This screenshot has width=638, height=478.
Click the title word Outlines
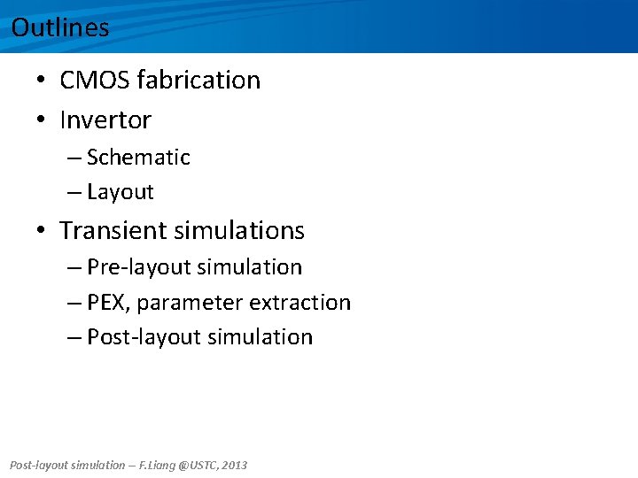coord(60,27)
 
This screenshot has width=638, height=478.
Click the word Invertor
coord(105,119)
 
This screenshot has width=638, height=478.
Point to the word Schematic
coord(138,158)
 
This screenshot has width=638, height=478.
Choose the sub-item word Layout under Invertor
coord(121,192)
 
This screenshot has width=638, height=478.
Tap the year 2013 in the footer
coord(235,465)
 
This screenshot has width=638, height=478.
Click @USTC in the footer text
coord(199,465)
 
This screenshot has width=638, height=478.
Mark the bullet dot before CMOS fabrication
coord(42,81)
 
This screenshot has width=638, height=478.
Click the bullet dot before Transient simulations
coord(42,231)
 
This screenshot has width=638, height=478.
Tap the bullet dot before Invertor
coord(42,119)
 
